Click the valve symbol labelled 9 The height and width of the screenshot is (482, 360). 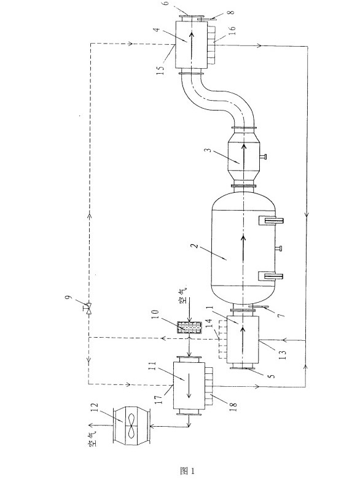[x=88, y=308]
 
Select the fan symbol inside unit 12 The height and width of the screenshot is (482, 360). [x=131, y=425]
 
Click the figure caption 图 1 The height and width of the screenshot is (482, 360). [x=187, y=470]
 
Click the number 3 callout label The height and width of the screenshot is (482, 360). [x=209, y=150]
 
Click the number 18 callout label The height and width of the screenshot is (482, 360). [x=233, y=405]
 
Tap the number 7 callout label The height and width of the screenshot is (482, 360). [x=281, y=314]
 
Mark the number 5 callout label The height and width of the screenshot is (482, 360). [x=272, y=375]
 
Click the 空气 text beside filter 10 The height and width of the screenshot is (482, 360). [x=183, y=297]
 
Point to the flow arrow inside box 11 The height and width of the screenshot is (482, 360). [x=189, y=382]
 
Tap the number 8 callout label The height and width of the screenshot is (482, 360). [x=232, y=12]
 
